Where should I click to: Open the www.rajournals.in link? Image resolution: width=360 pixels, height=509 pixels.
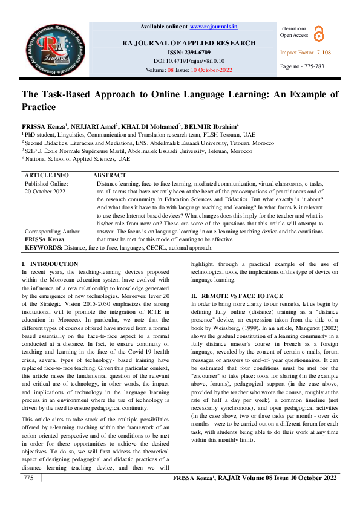(x=214, y=27)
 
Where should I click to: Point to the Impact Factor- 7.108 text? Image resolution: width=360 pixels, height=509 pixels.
(x=305, y=53)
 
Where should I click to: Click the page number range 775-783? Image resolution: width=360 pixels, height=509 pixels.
(x=302, y=66)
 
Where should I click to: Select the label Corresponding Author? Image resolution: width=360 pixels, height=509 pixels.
(x=52, y=231)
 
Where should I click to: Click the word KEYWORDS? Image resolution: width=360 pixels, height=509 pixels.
(x=44, y=247)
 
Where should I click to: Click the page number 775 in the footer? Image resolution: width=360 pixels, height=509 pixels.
(x=28, y=495)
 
